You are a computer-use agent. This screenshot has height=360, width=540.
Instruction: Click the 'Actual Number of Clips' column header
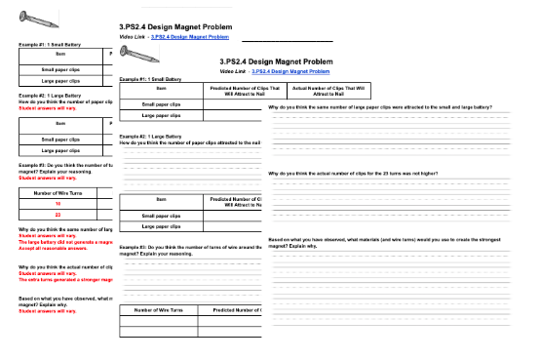(x=314, y=90)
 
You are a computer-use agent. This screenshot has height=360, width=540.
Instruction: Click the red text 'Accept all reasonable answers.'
(x=54, y=248)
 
